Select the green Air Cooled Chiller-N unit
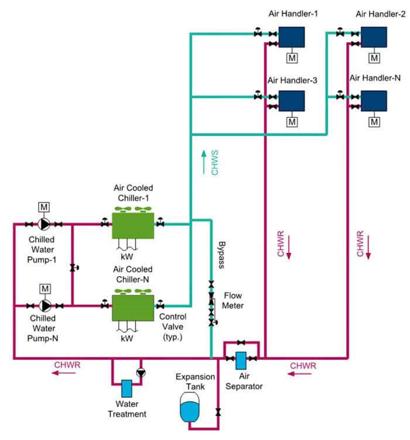[x=132, y=305]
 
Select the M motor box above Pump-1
[x=45, y=207]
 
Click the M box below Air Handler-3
[x=291, y=122]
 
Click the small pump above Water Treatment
[x=139, y=372]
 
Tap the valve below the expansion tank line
[x=218, y=412]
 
